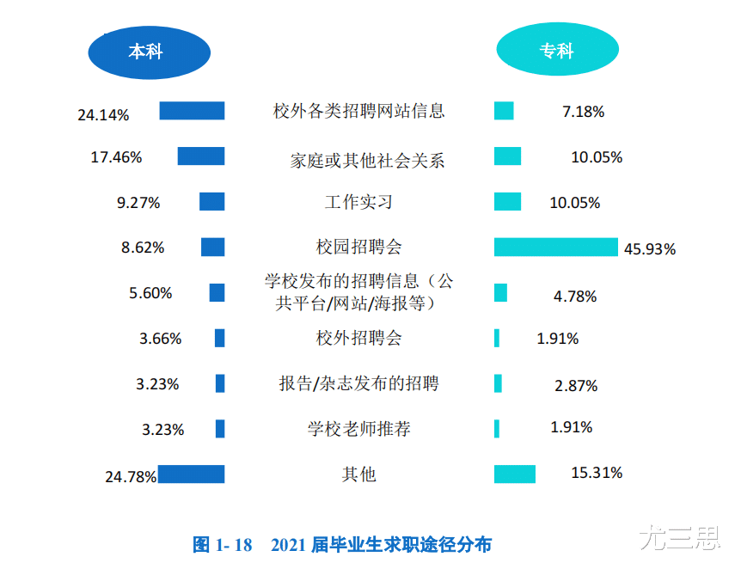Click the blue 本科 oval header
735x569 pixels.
(149, 51)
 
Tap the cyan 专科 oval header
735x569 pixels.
(556, 51)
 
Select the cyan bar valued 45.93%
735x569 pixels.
(555, 247)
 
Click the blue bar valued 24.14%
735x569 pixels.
(192, 111)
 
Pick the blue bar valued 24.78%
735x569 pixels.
(191, 474)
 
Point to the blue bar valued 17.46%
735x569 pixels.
(201, 156)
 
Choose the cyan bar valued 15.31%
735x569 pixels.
(514, 474)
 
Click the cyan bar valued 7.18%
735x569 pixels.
(504, 111)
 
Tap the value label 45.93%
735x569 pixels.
(650, 249)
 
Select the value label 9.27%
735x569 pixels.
(139, 203)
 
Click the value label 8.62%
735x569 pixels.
(143, 248)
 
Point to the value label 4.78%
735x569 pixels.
(575, 297)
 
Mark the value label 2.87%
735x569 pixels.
(576, 386)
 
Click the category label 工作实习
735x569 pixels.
(358, 202)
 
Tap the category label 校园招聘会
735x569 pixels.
(358, 248)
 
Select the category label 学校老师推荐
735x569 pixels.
(358, 428)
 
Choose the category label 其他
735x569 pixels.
(358, 474)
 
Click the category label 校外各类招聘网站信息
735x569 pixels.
(358, 111)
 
